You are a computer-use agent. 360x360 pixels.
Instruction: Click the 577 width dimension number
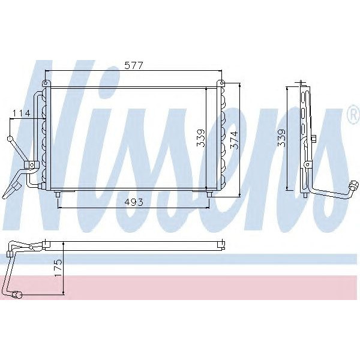(x=133, y=67)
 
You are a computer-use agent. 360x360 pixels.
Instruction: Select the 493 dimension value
(x=133, y=202)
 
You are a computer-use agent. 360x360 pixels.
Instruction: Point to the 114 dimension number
(x=22, y=113)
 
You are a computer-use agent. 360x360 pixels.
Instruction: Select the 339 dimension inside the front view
(x=201, y=138)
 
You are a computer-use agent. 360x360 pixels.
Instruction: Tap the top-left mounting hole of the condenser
(x=45, y=83)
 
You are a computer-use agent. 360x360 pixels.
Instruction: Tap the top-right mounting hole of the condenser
(x=221, y=83)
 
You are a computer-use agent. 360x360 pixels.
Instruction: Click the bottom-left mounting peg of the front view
(x=57, y=193)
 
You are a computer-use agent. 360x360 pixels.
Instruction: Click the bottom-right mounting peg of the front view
(x=209, y=193)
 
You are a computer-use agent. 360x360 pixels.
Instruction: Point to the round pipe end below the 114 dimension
(x=10, y=139)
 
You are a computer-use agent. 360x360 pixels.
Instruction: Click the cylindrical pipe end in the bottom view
(x=18, y=294)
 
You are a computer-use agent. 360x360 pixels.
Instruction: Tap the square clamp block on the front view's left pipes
(x=28, y=164)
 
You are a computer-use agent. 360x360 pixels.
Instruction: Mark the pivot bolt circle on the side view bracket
(x=307, y=164)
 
